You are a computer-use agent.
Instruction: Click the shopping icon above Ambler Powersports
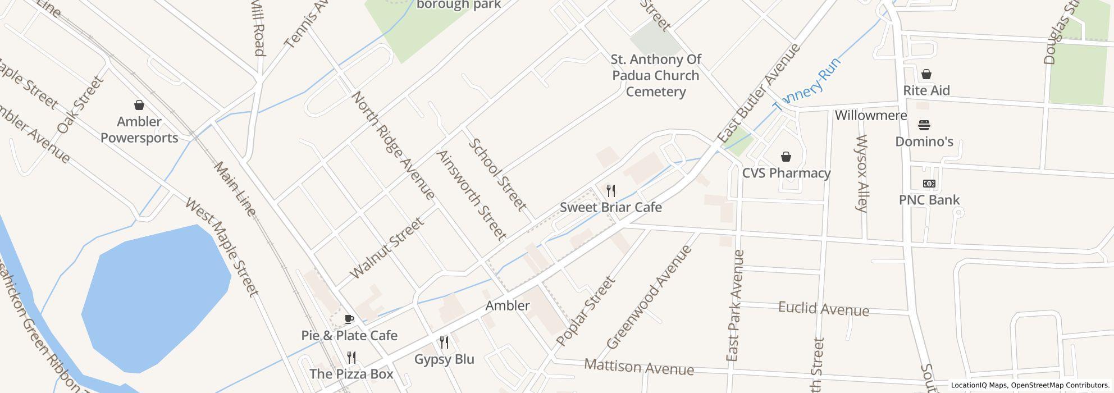pos(139,105)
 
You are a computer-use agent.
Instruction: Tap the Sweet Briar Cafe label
pos(610,207)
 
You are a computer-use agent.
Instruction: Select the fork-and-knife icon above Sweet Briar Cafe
pos(611,191)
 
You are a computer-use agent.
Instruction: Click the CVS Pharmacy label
pos(786,173)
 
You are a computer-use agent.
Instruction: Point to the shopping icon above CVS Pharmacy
pos(786,156)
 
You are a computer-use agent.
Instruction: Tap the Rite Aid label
pos(926,90)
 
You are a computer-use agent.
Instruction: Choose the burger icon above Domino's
pos(924,125)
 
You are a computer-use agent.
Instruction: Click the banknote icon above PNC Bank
pos(929,184)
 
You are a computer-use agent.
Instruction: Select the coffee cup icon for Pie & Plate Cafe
pos(349,319)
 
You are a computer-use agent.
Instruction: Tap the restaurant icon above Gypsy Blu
pos(444,342)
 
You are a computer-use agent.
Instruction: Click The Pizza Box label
pos(351,374)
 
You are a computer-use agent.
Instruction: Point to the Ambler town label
pos(507,305)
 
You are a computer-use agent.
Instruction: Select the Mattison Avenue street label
pos(639,367)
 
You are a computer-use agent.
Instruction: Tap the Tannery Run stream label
pos(807,85)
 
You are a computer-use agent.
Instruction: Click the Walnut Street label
pos(387,249)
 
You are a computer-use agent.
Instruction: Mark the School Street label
pos(497,175)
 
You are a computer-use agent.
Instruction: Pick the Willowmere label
pos(870,116)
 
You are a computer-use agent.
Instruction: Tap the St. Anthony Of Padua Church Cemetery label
pos(655,75)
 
